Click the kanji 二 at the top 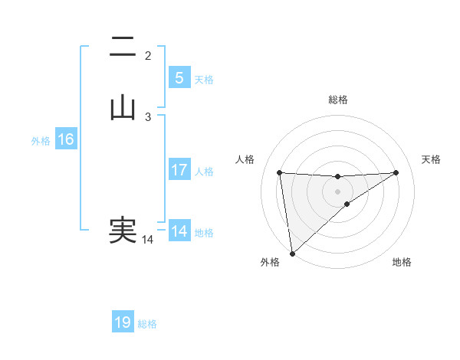123,48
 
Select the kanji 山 123,108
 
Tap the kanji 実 123,231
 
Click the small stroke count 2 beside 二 148,56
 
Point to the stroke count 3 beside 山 148,116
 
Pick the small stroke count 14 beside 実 147,240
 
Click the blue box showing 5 179,77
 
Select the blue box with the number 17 179,170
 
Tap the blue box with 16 66,139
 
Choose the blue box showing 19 123,322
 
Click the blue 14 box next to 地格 179,231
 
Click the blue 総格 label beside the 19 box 147,324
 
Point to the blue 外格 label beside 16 41,141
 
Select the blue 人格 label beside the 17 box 205,172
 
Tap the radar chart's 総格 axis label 337,100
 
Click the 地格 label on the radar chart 402,263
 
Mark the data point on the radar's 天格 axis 396,172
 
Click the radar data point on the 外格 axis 291,253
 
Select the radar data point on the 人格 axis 280,173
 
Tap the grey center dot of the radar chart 337,191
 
